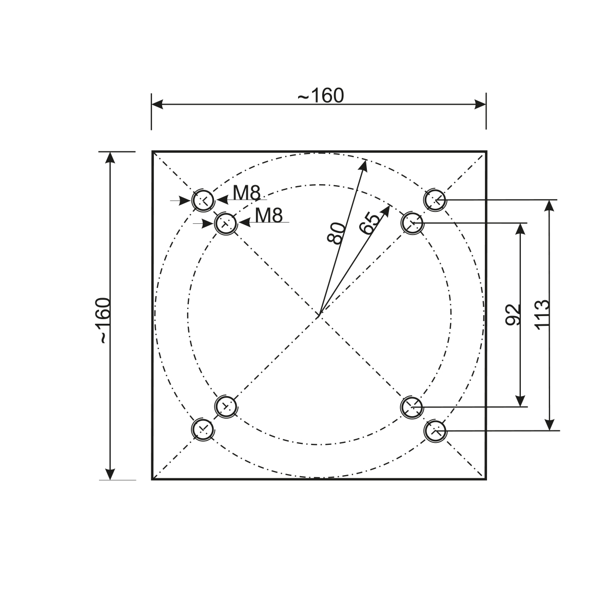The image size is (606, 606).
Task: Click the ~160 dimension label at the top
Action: pos(321,95)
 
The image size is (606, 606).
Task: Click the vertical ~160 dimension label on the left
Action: pos(103,320)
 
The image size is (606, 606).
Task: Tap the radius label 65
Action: pos(370,222)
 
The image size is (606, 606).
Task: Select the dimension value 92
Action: pos(513,314)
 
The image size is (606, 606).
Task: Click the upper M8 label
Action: pos(247,192)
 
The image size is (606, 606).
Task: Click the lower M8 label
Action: pos(269,216)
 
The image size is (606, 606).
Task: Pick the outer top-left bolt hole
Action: pos(203,200)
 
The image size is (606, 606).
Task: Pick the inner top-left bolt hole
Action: pos(225,224)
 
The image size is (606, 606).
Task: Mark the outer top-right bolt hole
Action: pos(435,199)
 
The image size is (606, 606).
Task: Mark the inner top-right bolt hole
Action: pos(412,223)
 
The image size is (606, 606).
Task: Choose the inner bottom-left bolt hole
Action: pos(225,406)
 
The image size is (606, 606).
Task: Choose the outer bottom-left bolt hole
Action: pos(202,428)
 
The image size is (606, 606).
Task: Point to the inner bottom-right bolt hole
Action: pos(412,407)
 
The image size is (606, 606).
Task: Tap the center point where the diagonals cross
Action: pos(319,315)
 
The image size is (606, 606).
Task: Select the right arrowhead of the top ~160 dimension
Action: pos(485,105)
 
